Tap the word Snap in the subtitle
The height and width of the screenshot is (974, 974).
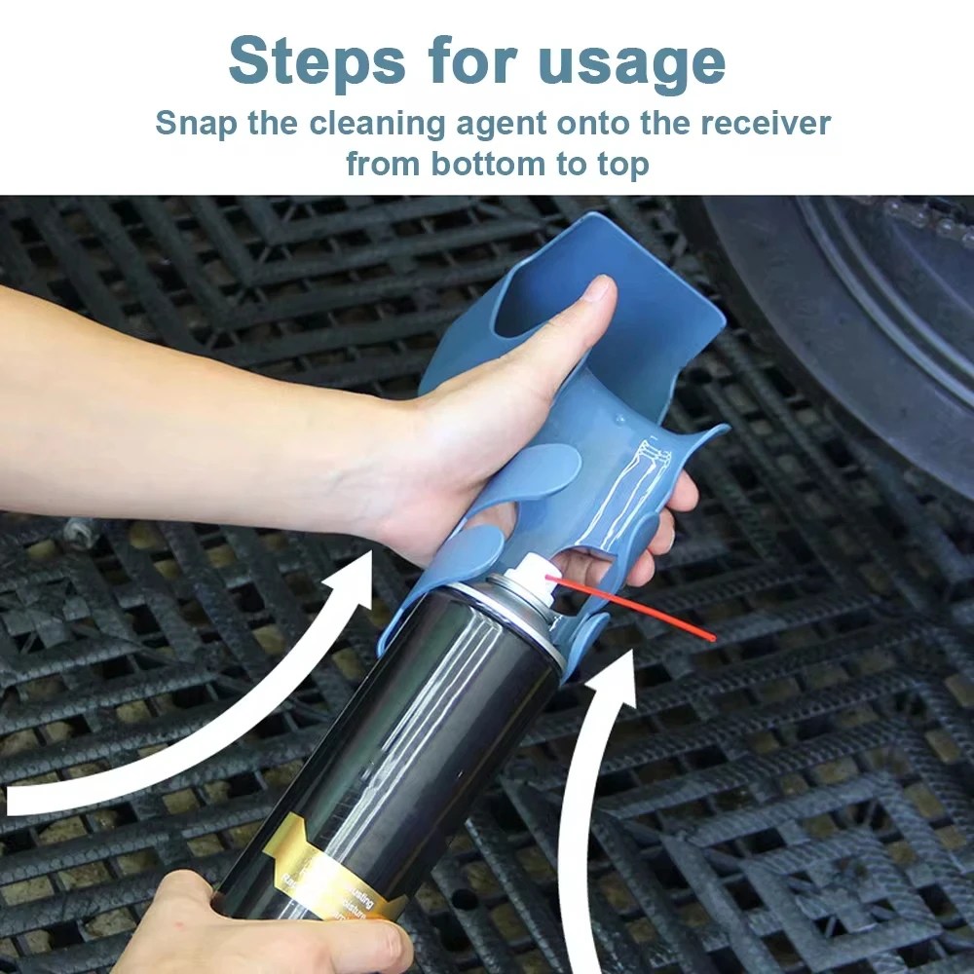click(195, 124)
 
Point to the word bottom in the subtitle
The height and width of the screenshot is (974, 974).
click(491, 163)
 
